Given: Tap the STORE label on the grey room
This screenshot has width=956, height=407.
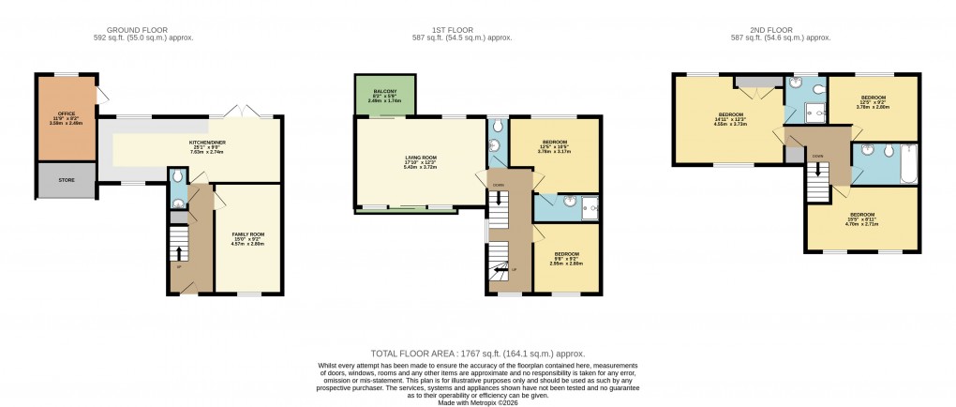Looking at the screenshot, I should point(66,180).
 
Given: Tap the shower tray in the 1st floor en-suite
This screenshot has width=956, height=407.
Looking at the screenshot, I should point(588,209).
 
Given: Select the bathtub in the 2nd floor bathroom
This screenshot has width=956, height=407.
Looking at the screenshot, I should point(905,163).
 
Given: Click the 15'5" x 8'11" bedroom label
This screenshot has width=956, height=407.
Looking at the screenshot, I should point(860,218).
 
